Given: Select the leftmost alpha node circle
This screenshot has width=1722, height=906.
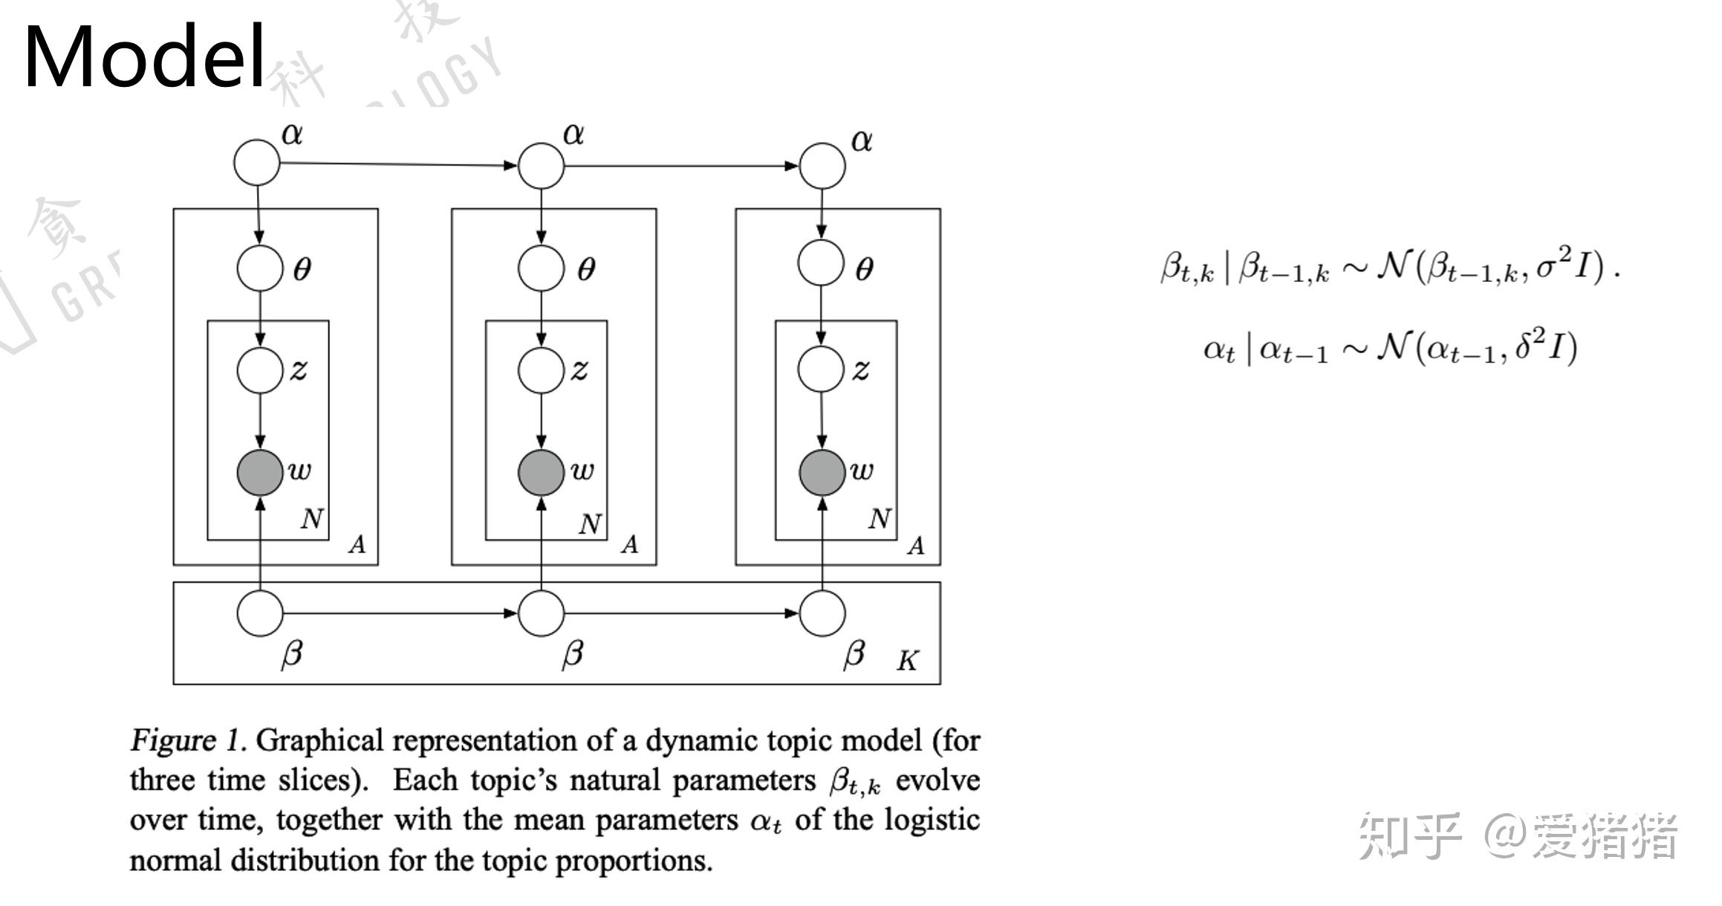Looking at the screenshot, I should tap(257, 162).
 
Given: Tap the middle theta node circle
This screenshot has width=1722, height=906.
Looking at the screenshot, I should tap(541, 268).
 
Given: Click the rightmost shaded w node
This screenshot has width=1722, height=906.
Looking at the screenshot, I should tap(822, 472).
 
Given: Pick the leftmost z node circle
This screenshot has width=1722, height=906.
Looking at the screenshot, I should tap(260, 369).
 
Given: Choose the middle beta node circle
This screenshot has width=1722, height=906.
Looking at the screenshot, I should tap(541, 613).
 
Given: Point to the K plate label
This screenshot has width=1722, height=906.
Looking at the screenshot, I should tap(907, 661).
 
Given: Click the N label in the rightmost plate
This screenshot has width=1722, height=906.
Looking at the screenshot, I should tap(880, 519).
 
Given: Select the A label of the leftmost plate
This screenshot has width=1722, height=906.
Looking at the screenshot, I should tap(357, 545).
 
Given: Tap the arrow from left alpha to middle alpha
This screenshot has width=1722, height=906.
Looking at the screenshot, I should tap(397, 164).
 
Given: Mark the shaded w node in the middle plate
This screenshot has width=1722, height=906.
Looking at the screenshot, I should tap(541, 472).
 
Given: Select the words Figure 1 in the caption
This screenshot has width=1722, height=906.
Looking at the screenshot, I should tap(186, 740).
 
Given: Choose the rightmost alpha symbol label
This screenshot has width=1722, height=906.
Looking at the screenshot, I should tap(861, 140).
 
